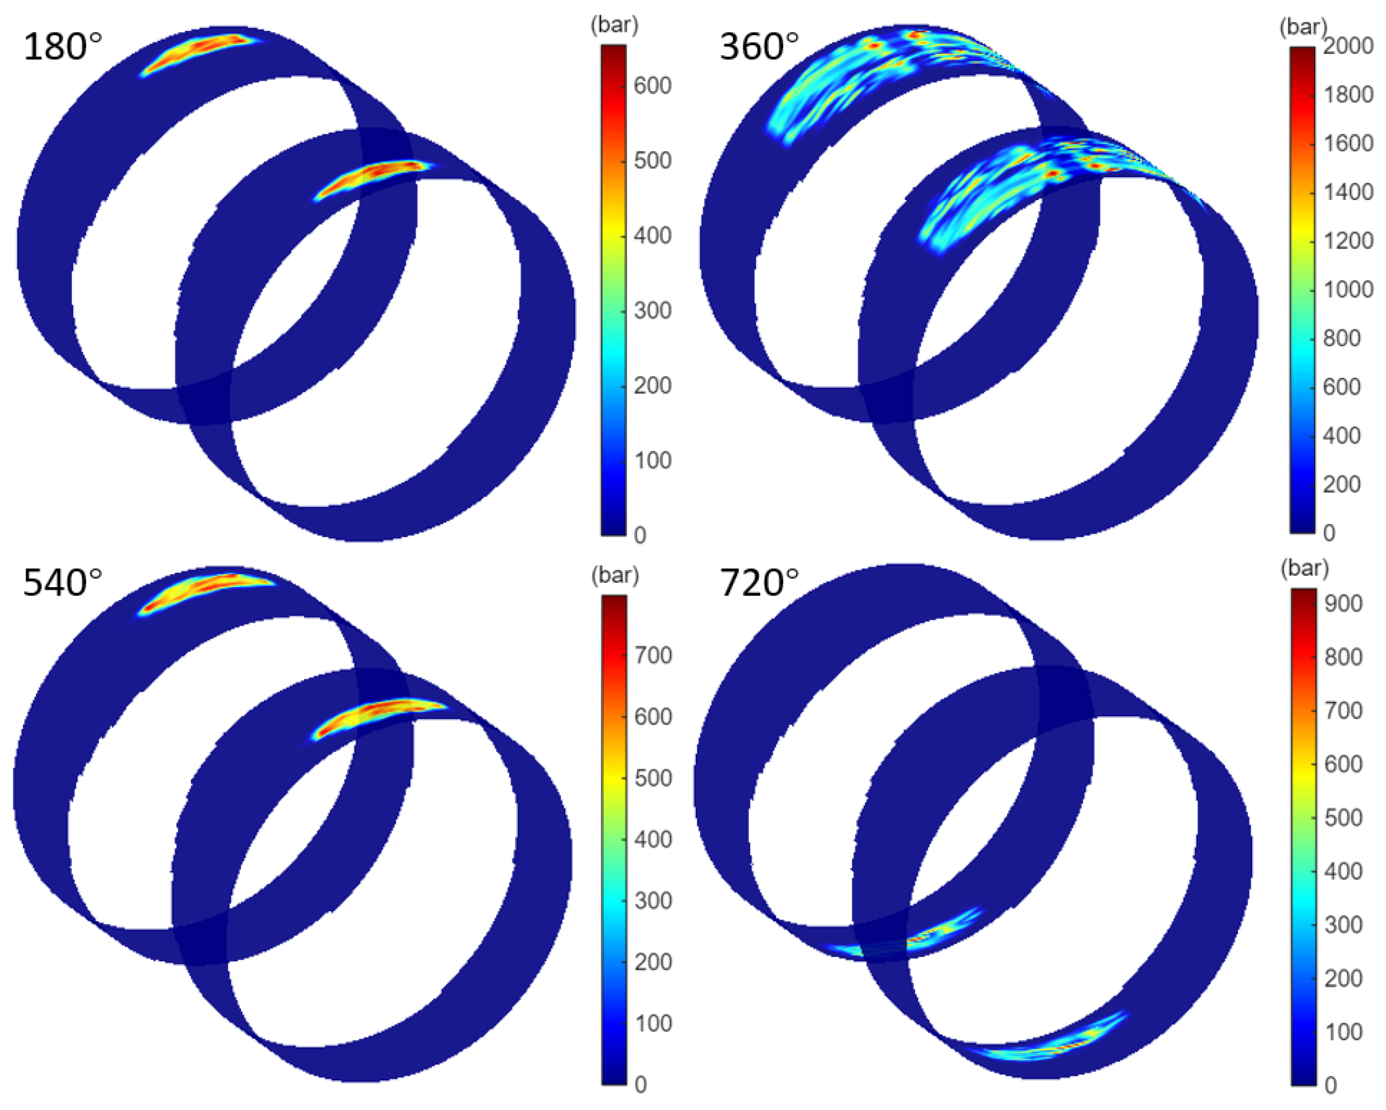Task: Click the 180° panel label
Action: [63, 47]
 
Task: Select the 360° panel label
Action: [759, 47]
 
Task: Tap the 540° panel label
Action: [63, 583]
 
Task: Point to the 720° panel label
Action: [759, 583]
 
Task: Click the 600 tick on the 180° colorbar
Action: [652, 85]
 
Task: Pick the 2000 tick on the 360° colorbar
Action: [1348, 46]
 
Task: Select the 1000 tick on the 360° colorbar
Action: [1348, 289]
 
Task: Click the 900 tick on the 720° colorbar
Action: [1343, 603]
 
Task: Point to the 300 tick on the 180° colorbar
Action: [652, 310]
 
